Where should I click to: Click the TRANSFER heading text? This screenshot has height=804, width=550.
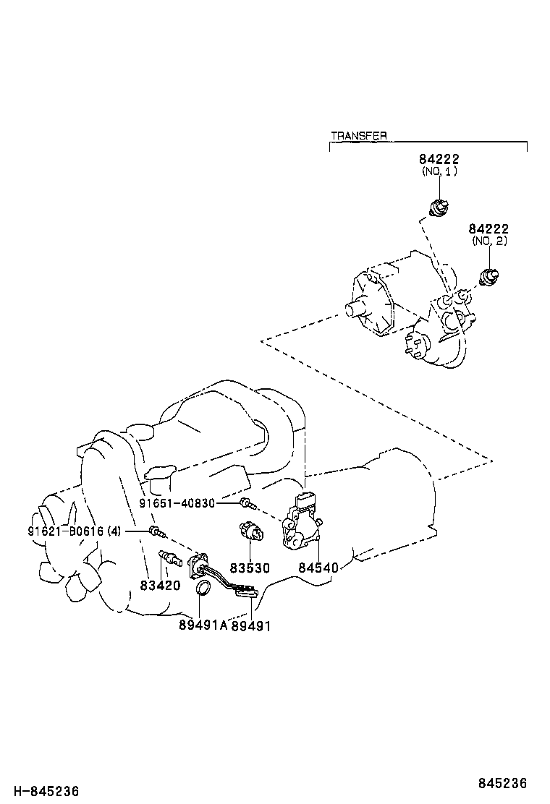(x=358, y=135)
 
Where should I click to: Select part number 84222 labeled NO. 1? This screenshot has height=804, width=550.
(x=439, y=159)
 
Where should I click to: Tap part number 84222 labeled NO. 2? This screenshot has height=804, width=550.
(x=489, y=228)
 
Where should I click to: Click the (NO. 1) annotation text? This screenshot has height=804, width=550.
(x=439, y=172)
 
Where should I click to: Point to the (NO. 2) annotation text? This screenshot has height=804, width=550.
(x=489, y=241)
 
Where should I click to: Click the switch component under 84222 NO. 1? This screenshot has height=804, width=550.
(x=438, y=208)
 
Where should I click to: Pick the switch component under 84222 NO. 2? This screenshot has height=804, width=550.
(x=490, y=276)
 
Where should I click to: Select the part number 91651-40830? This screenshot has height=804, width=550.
(x=178, y=503)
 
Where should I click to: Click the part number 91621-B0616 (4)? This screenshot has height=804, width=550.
(x=75, y=531)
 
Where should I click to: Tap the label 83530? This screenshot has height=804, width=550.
(x=249, y=568)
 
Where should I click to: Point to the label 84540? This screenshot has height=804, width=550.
(x=318, y=568)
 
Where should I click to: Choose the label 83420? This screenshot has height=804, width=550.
(x=160, y=585)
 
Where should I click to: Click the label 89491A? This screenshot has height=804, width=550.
(x=203, y=625)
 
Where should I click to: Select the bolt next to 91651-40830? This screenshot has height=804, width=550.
(x=247, y=503)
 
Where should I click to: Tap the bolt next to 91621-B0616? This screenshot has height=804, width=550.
(x=156, y=533)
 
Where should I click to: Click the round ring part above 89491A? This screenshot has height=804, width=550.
(x=204, y=591)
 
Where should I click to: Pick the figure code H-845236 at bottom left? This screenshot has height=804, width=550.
(x=44, y=792)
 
